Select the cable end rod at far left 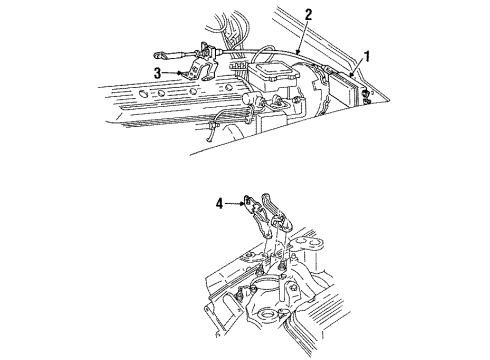(159, 56)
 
